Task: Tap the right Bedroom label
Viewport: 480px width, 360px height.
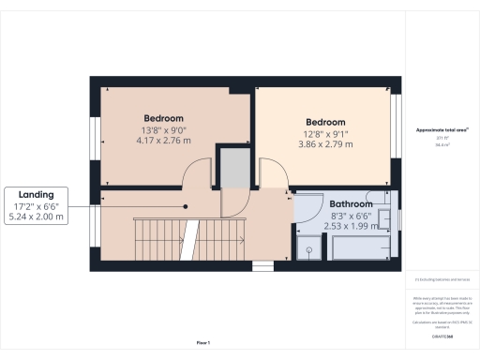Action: pos(325,123)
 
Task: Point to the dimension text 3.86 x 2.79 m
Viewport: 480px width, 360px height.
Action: pos(325,144)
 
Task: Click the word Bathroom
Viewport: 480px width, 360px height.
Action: pos(351,204)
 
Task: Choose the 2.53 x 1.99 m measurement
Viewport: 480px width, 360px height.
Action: pos(351,225)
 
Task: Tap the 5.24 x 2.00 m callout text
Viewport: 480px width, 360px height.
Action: pos(37,217)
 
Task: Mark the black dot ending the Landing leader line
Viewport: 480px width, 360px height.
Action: pos(186,205)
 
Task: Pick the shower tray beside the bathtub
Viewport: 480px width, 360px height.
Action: pos(308,248)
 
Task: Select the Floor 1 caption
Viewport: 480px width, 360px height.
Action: pos(204,344)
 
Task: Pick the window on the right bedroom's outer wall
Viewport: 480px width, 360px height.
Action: pos(396,131)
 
